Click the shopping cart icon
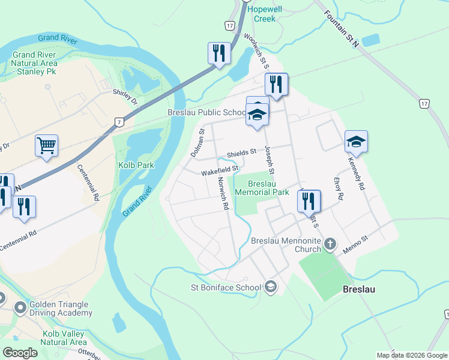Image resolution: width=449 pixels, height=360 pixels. pyautogui.click(x=46, y=145)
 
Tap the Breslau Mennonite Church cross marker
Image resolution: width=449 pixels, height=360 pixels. pyautogui.click(x=330, y=244)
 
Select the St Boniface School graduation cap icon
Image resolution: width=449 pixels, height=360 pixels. pyautogui.click(x=271, y=287)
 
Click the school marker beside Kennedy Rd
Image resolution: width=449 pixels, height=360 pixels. pyautogui.click(x=356, y=142)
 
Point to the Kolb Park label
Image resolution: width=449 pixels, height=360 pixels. pyautogui.click(x=137, y=165)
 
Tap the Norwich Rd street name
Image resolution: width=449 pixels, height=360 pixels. pyautogui.click(x=223, y=196)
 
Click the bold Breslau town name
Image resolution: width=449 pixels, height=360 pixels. pyautogui.click(x=359, y=289)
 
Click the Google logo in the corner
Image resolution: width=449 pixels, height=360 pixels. pyautogui.click(x=20, y=353)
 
